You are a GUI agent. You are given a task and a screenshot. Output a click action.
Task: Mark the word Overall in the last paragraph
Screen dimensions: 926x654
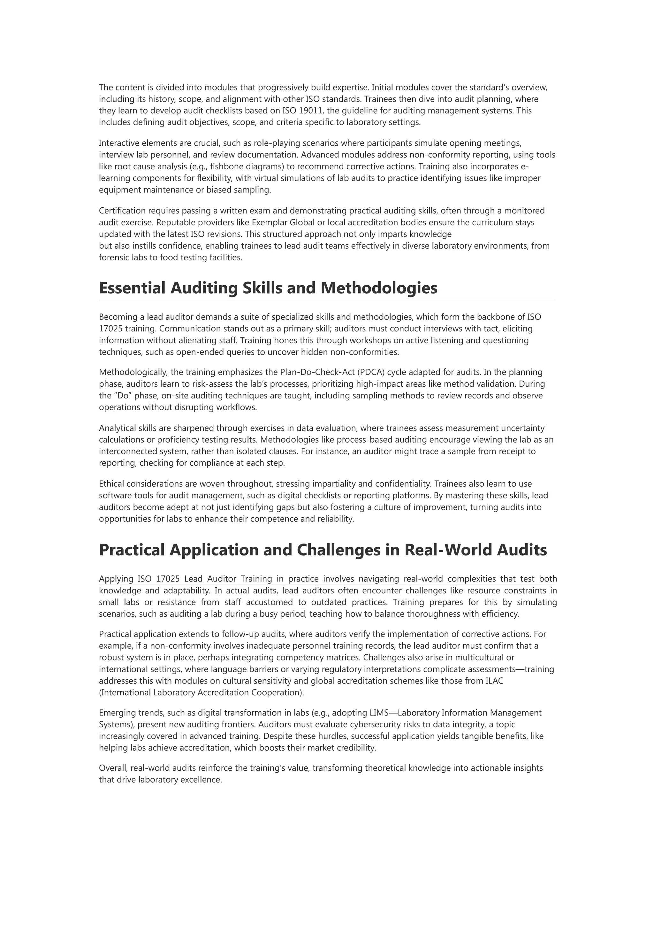(x=113, y=768)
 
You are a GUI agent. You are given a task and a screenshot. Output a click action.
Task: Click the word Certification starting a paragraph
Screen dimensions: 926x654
(x=122, y=211)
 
